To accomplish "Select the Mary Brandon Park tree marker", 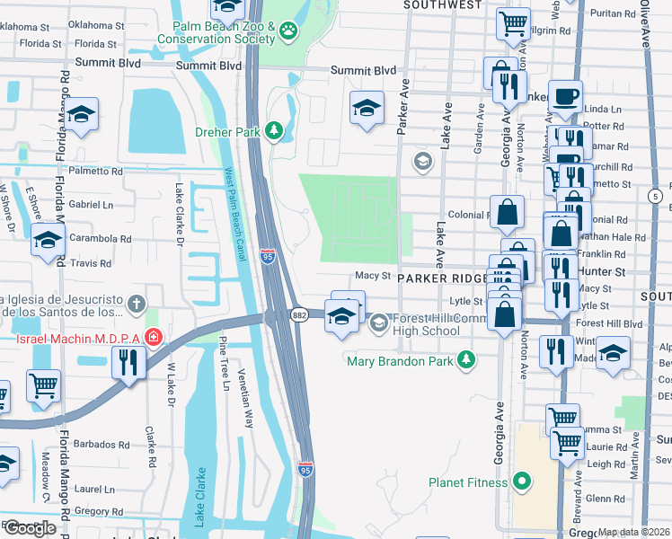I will click(x=465, y=360).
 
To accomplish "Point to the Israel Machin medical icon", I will click(x=154, y=338).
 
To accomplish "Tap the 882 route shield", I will click(x=300, y=314).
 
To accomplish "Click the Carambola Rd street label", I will click(x=102, y=240).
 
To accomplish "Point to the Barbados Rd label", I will click(x=102, y=445).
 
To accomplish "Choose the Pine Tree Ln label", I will click(x=223, y=359).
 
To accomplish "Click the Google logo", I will click(x=30, y=528).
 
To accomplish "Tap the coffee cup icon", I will click(x=565, y=96).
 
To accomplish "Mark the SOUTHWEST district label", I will click(x=443, y=5).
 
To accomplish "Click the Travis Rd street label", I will click(x=93, y=264).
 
